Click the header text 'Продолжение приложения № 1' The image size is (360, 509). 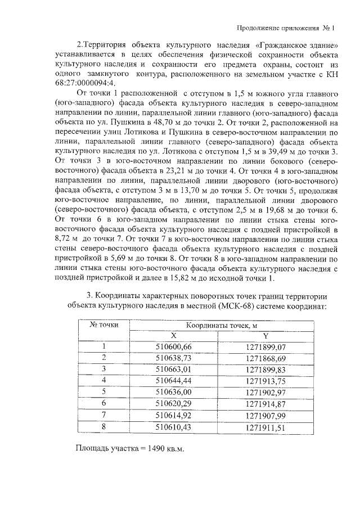pos(285,28)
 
